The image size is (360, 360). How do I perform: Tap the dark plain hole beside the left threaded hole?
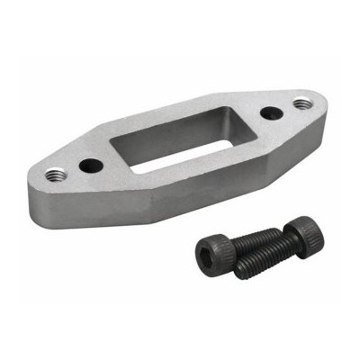coord(91,166)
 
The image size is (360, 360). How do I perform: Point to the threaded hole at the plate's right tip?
coord(300,104)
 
